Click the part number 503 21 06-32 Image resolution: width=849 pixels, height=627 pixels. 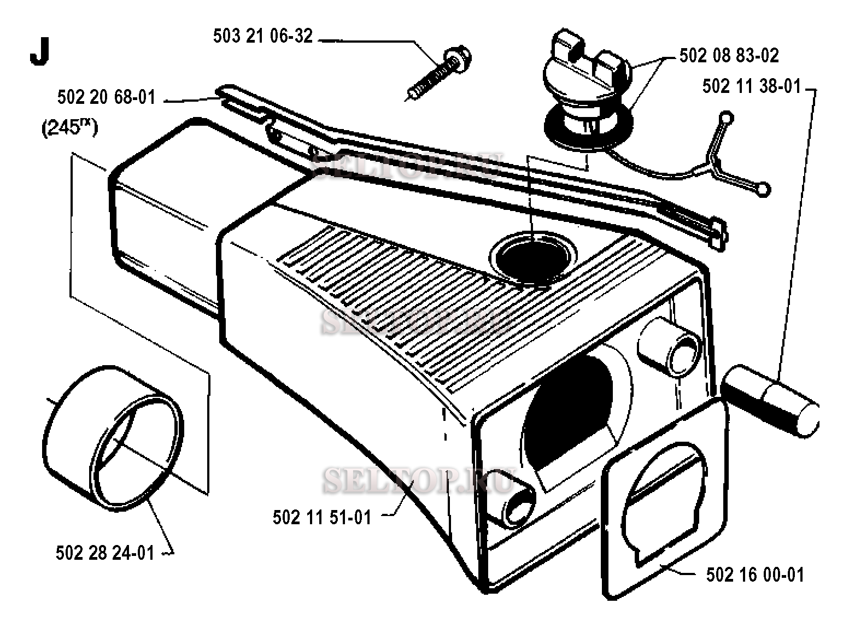point(262,36)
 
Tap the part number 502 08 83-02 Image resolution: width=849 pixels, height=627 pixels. point(729,55)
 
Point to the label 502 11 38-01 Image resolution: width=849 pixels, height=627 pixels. point(751,86)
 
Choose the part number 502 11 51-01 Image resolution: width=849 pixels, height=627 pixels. point(321,517)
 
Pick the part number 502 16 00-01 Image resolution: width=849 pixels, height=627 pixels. point(755,575)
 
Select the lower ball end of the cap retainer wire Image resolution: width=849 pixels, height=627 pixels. point(763,189)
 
